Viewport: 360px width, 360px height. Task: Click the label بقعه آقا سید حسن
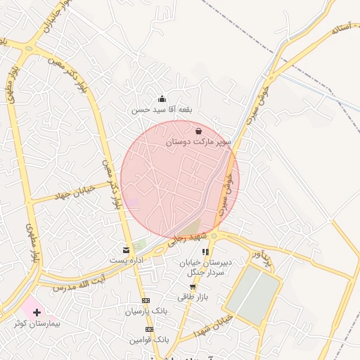click(162, 110)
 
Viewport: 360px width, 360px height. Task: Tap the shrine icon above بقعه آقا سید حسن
click(162, 99)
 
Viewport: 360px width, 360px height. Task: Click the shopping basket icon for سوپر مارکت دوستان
click(198, 131)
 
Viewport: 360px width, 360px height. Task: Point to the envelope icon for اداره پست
click(126, 250)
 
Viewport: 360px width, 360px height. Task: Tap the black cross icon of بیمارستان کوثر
click(37, 311)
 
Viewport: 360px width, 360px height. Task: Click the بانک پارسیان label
click(146, 311)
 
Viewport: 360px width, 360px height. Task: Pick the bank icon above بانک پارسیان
click(146, 301)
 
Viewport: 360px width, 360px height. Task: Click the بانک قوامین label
click(149, 340)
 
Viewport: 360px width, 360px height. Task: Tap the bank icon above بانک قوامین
click(149, 329)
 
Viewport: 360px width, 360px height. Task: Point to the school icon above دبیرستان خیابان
click(206, 251)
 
